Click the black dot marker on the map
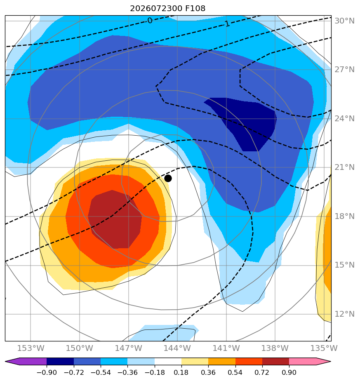click(x=168, y=179)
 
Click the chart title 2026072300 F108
click(x=168, y=9)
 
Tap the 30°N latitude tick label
click(x=344, y=21)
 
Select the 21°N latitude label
click(x=344, y=167)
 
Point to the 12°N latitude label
click(x=344, y=314)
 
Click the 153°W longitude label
click(x=31, y=348)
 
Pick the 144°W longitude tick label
click(x=177, y=348)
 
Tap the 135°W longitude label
click(x=324, y=348)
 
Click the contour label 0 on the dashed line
click(x=150, y=21)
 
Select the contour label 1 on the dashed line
click(x=227, y=24)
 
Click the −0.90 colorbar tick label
click(x=47, y=372)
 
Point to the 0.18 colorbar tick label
click(x=181, y=372)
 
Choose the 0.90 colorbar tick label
click(x=289, y=372)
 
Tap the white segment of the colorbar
click(x=168, y=361)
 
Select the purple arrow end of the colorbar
click(x=26, y=361)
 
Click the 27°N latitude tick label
click(x=344, y=70)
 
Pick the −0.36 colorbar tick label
click(x=127, y=372)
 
